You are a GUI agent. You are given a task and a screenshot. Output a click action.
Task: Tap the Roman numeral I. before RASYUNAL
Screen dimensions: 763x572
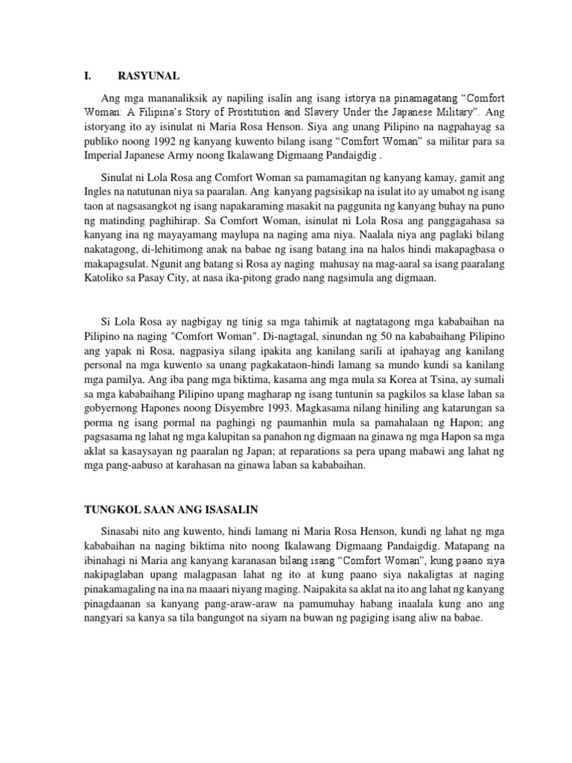click(x=86, y=75)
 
